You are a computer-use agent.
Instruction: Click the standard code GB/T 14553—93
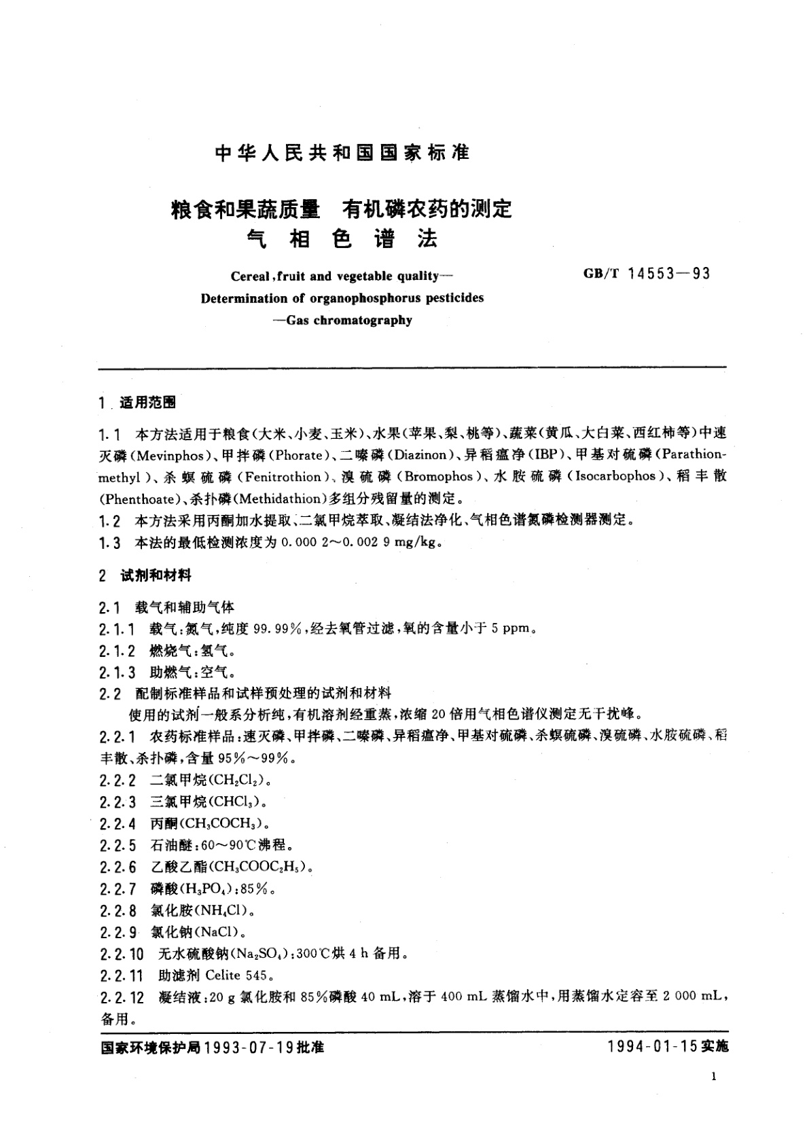point(647,274)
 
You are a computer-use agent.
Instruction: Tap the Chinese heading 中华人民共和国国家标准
point(342,154)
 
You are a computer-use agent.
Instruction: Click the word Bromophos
point(445,477)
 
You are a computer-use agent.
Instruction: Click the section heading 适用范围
point(147,403)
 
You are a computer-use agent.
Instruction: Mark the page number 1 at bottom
point(712,1076)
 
